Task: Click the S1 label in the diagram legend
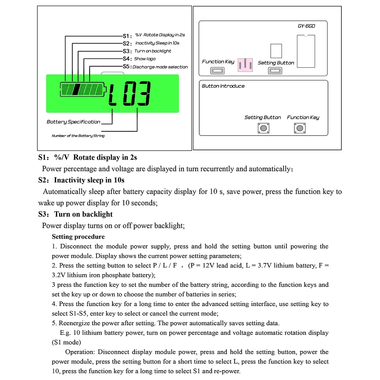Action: [x=127, y=36]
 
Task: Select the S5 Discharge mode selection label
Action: [x=160, y=67]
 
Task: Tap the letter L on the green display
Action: [x=112, y=94]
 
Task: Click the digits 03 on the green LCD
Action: [x=137, y=93]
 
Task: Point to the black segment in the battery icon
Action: [x=76, y=89]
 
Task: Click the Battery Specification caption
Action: [x=73, y=122]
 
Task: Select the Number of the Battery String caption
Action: [x=78, y=136]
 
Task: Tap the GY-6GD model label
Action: [x=306, y=26]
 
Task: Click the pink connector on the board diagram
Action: [x=245, y=65]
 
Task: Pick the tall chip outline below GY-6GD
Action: [x=306, y=51]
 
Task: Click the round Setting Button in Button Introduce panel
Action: [x=263, y=128]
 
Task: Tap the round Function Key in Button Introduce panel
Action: [x=300, y=128]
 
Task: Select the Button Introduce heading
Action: [x=223, y=86]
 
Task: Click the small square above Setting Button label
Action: [x=276, y=51]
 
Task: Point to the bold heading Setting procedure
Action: [x=78, y=237]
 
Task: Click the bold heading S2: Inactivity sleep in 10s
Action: [x=81, y=180]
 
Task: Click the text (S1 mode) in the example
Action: [x=66, y=343]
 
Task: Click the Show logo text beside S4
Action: [x=145, y=59]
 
